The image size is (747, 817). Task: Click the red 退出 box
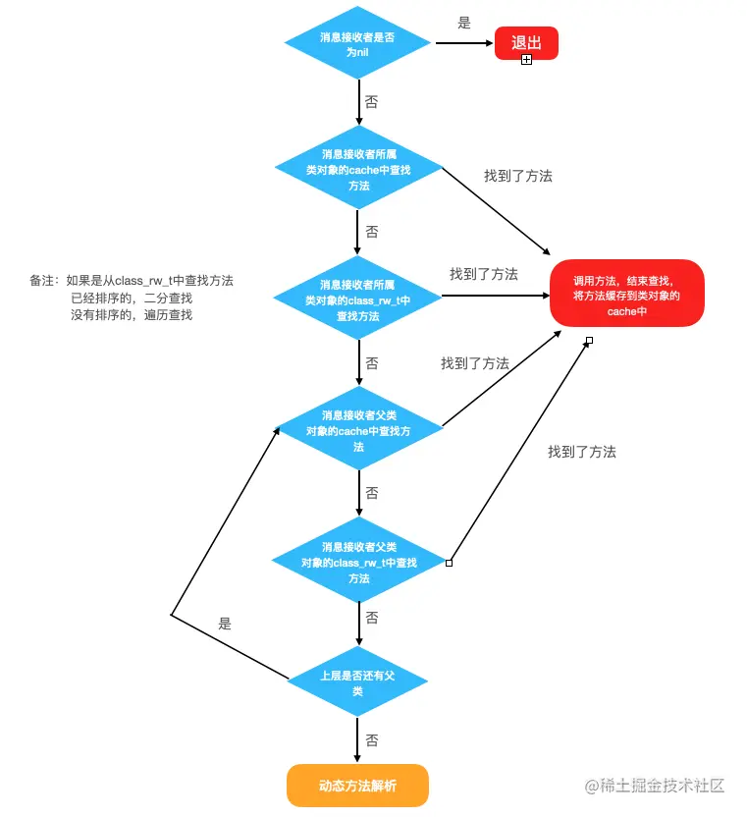tap(526, 43)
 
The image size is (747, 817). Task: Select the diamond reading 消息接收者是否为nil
tap(357, 44)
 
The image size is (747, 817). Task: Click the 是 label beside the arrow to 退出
tap(464, 23)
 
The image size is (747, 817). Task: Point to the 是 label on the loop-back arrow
tap(225, 624)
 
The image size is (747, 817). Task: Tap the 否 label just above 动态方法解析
tap(372, 740)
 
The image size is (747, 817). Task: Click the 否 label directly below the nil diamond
tap(371, 102)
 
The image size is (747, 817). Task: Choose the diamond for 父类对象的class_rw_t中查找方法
tap(358, 562)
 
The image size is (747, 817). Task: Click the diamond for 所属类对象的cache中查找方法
tap(358, 170)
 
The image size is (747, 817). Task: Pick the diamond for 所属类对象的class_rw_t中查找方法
tap(358, 300)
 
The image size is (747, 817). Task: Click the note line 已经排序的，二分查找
tap(132, 299)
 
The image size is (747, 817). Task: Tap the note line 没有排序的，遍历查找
tap(132, 315)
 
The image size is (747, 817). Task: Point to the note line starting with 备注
tap(132, 281)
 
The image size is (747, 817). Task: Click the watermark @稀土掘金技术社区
tap(655, 786)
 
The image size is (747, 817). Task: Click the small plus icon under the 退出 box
tap(526, 60)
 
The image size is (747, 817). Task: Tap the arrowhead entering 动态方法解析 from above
tap(358, 757)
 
